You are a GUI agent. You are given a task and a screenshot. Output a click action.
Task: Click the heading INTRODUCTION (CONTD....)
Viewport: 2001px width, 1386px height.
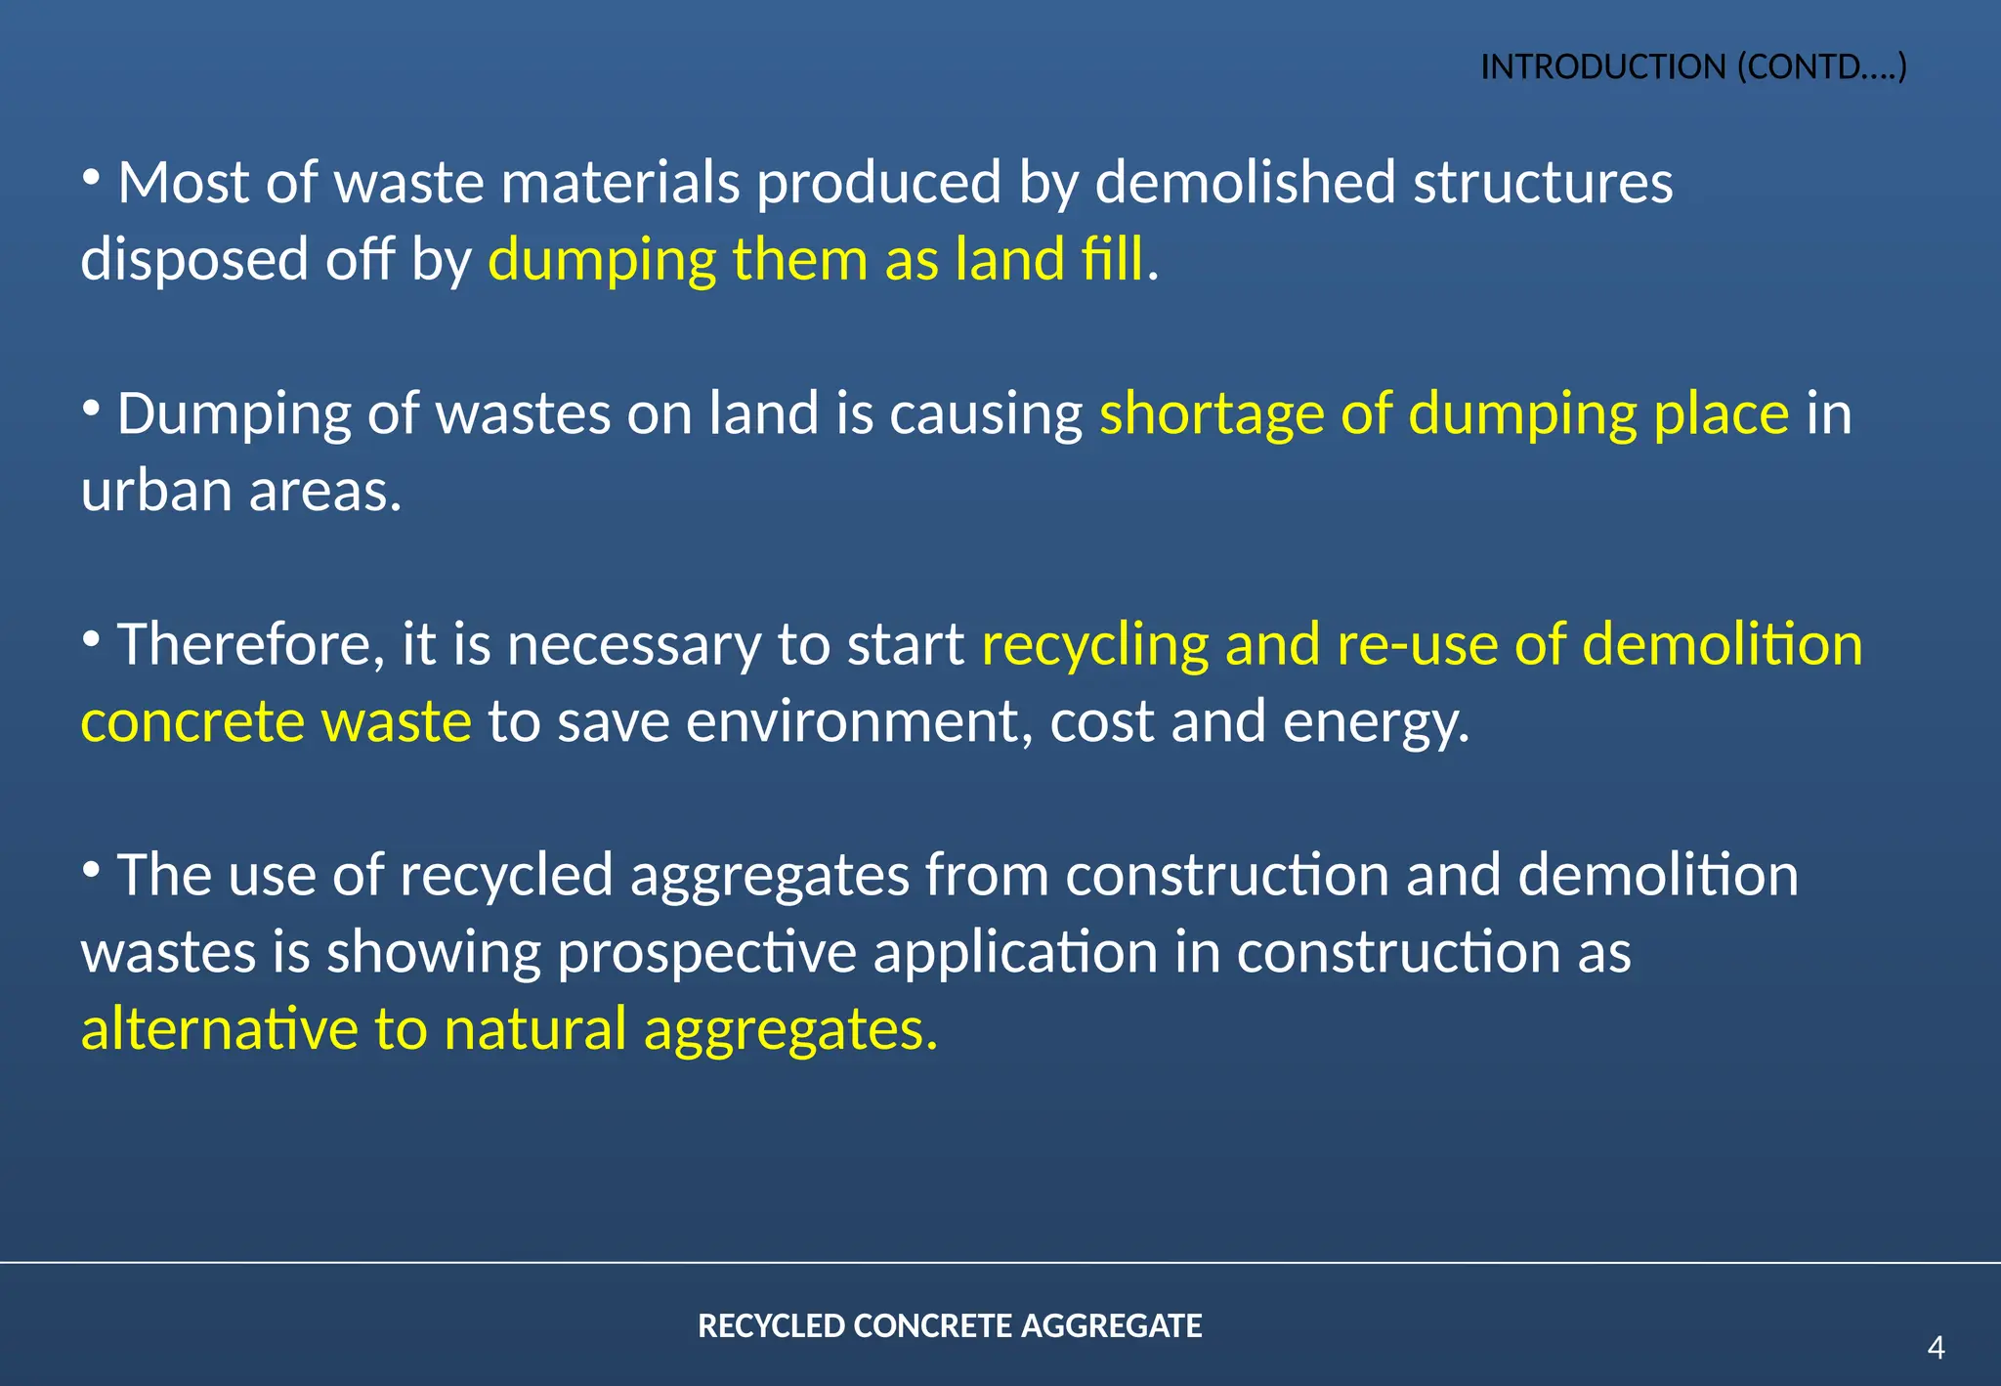click(1693, 66)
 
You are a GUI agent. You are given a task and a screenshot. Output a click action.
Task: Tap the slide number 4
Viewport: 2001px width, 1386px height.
click(1936, 1348)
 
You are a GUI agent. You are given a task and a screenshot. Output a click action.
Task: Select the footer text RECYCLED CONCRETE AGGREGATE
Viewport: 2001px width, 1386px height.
click(950, 1325)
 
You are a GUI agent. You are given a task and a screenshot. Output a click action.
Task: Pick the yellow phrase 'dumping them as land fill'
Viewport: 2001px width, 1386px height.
click(815, 260)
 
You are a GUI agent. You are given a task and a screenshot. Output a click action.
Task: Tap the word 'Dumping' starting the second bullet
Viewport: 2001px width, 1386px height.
click(234, 414)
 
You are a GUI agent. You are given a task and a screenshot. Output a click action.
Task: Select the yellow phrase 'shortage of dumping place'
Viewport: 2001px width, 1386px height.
click(1444, 414)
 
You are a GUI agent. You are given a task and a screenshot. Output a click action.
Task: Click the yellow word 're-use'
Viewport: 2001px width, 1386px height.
click(1417, 645)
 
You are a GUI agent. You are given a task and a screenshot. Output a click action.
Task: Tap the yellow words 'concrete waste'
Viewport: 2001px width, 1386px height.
click(276, 722)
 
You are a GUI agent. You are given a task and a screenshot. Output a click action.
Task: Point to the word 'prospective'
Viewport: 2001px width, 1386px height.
click(706, 953)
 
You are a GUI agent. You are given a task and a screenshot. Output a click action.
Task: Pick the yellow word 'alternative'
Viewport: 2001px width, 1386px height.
click(220, 1030)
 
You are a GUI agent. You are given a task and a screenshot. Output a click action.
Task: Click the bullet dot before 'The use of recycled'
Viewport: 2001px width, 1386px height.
click(92, 868)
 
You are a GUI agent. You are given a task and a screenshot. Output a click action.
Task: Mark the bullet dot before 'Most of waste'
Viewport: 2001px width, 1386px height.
click(92, 177)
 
